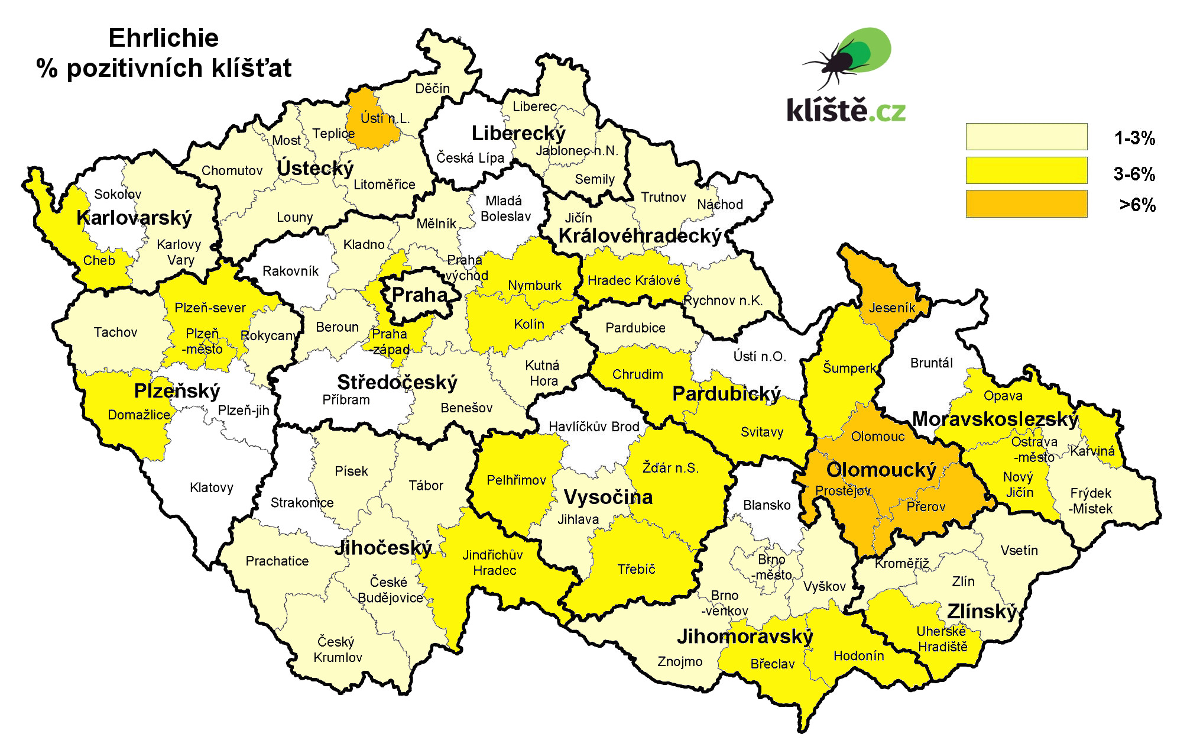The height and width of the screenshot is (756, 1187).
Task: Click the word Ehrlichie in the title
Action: [164, 38]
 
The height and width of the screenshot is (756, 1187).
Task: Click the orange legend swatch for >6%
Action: [1026, 204]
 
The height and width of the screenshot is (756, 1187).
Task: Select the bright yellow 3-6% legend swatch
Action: [1026, 171]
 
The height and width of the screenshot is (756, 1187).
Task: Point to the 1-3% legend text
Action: [1134, 138]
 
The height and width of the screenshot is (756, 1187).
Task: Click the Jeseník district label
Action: [891, 308]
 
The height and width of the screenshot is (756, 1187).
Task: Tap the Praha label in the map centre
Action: [420, 295]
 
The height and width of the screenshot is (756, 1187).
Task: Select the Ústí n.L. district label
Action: [385, 118]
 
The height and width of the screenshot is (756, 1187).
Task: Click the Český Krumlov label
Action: [337, 650]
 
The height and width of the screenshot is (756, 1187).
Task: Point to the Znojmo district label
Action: [680, 661]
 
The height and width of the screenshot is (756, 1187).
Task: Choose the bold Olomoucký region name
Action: [881, 470]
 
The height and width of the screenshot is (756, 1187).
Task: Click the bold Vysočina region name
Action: [608, 497]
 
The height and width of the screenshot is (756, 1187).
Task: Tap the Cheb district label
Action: [99, 260]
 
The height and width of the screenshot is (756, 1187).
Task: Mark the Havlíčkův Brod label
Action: [593, 427]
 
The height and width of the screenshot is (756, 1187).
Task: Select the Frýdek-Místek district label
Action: [1091, 500]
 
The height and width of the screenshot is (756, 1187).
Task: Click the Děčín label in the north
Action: [432, 89]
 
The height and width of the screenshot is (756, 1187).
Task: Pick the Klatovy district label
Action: [211, 487]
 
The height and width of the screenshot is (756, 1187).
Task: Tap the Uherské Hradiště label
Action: [942, 639]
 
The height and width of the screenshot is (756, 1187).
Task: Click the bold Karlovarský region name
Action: [134, 218]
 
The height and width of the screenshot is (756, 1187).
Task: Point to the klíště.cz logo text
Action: [845, 111]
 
